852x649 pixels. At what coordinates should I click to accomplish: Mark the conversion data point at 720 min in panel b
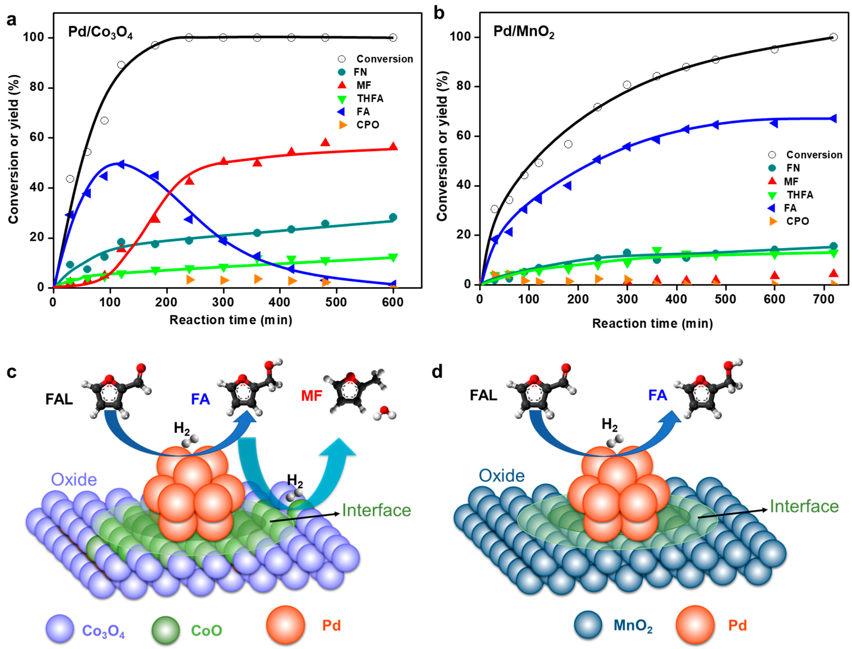[833, 37]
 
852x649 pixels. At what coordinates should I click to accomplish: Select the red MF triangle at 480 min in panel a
[325, 142]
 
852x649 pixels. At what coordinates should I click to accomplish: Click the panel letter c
[12, 372]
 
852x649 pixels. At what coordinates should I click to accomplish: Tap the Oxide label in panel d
[502, 476]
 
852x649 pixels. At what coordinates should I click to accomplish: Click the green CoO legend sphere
[165, 630]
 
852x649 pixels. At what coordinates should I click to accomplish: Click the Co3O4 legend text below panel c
[103, 631]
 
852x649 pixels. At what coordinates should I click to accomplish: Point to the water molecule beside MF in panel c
[384, 412]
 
